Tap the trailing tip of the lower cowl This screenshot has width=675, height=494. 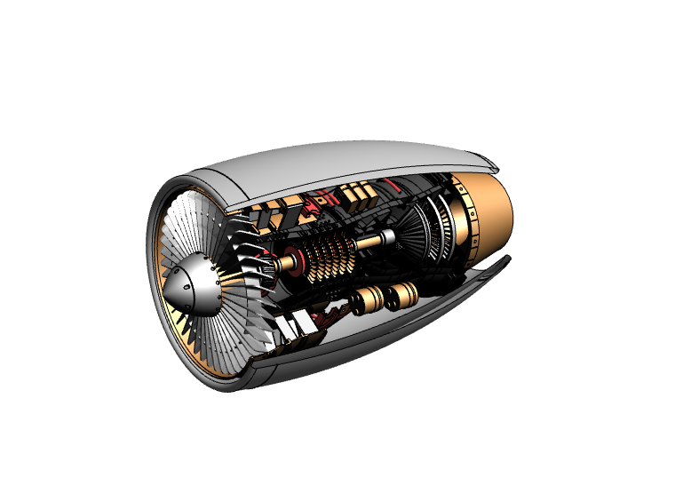click(x=507, y=259)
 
